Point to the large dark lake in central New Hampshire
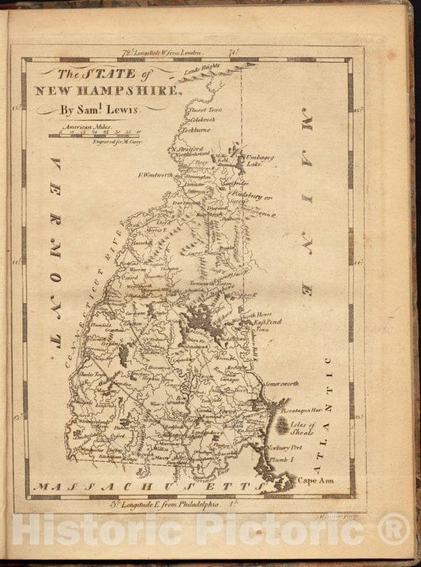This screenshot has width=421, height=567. pos(204,324)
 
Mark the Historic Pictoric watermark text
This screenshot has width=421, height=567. pos(210,530)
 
